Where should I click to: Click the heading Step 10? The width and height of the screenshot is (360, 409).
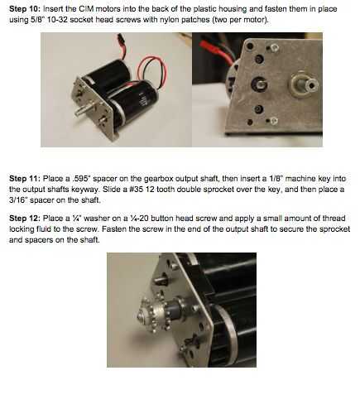[25, 9]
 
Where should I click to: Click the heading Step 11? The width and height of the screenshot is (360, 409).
[25, 179]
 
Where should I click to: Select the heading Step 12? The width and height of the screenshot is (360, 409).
[25, 219]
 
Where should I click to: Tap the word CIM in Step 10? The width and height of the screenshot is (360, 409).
[86, 9]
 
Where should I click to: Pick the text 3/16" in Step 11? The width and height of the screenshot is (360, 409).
[18, 200]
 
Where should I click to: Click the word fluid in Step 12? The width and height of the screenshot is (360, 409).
[38, 229]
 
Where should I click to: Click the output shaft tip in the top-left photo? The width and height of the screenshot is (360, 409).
[78, 113]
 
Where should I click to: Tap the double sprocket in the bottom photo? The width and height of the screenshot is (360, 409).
[155, 314]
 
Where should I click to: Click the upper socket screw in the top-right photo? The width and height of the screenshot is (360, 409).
[274, 48]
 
